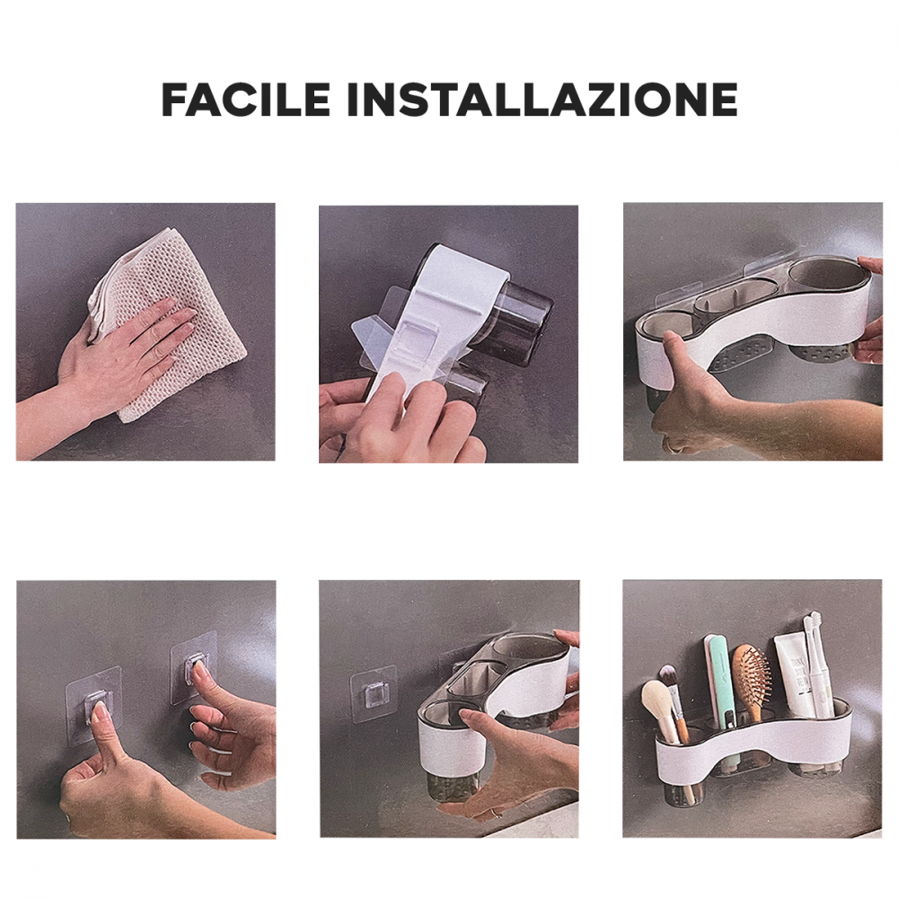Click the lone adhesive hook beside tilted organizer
373,693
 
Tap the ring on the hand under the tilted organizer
495,812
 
